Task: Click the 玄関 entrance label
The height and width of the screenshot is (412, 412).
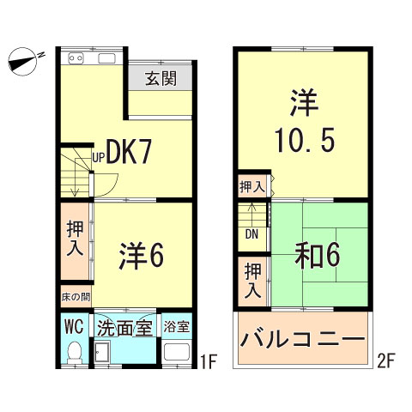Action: click(x=161, y=80)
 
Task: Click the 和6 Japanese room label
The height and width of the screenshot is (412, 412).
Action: click(x=320, y=255)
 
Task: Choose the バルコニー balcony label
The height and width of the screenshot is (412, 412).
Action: click(x=302, y=340)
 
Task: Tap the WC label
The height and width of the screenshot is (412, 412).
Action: click(x=73, y=327)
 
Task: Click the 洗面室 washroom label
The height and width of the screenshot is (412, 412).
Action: click(x=124, y=327)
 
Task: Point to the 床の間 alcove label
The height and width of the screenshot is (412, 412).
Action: click(x=74, y=298)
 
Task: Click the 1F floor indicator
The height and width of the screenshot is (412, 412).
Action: click(x=205, y=360)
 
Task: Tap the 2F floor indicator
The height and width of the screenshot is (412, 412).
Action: click(x=386, y=360)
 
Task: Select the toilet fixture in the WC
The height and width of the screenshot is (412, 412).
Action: click(x=74, y=352)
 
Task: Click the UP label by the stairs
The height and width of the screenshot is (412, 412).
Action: click(x=99, y=158)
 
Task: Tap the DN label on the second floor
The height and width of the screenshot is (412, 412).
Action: click(x=251, y=233)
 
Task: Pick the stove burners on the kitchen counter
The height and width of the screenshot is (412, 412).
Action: click(x=74, y=59)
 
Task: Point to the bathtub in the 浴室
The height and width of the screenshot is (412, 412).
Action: click(x=176, y=353)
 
